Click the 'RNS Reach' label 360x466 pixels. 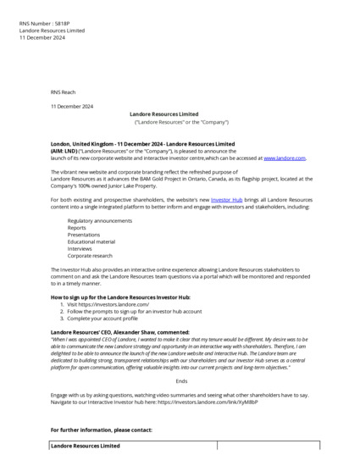[x=63, y=92]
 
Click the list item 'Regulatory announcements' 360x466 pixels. [x=100, y=220]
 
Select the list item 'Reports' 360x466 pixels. [x=77, y=227]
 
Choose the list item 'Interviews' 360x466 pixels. [x=80, y=247]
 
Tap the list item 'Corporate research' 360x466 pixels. [x=91, y=254]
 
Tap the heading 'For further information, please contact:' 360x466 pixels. [x=101, y=430]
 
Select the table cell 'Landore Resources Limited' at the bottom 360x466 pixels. [x=86, y=445]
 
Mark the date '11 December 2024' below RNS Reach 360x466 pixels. [x=72, y=106]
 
